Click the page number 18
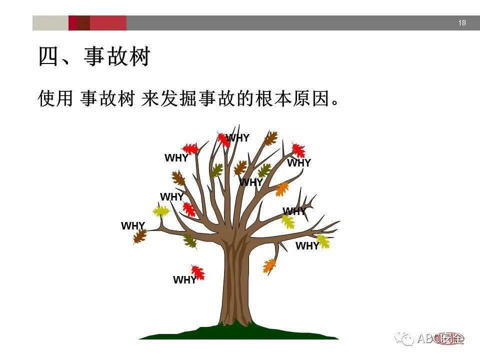(461, 23)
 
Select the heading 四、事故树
(94, 57)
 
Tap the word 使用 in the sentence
(55, 98)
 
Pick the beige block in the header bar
(50, 23)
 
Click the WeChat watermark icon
(404, 338)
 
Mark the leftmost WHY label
(132, 226)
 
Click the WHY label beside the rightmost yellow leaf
(306, 246)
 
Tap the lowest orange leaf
(269, 265)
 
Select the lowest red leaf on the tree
(198, 272)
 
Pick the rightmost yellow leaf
(323, 241)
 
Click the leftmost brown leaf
(139, 236)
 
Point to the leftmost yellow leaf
(160, 211)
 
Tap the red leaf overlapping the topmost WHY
(223, 139)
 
